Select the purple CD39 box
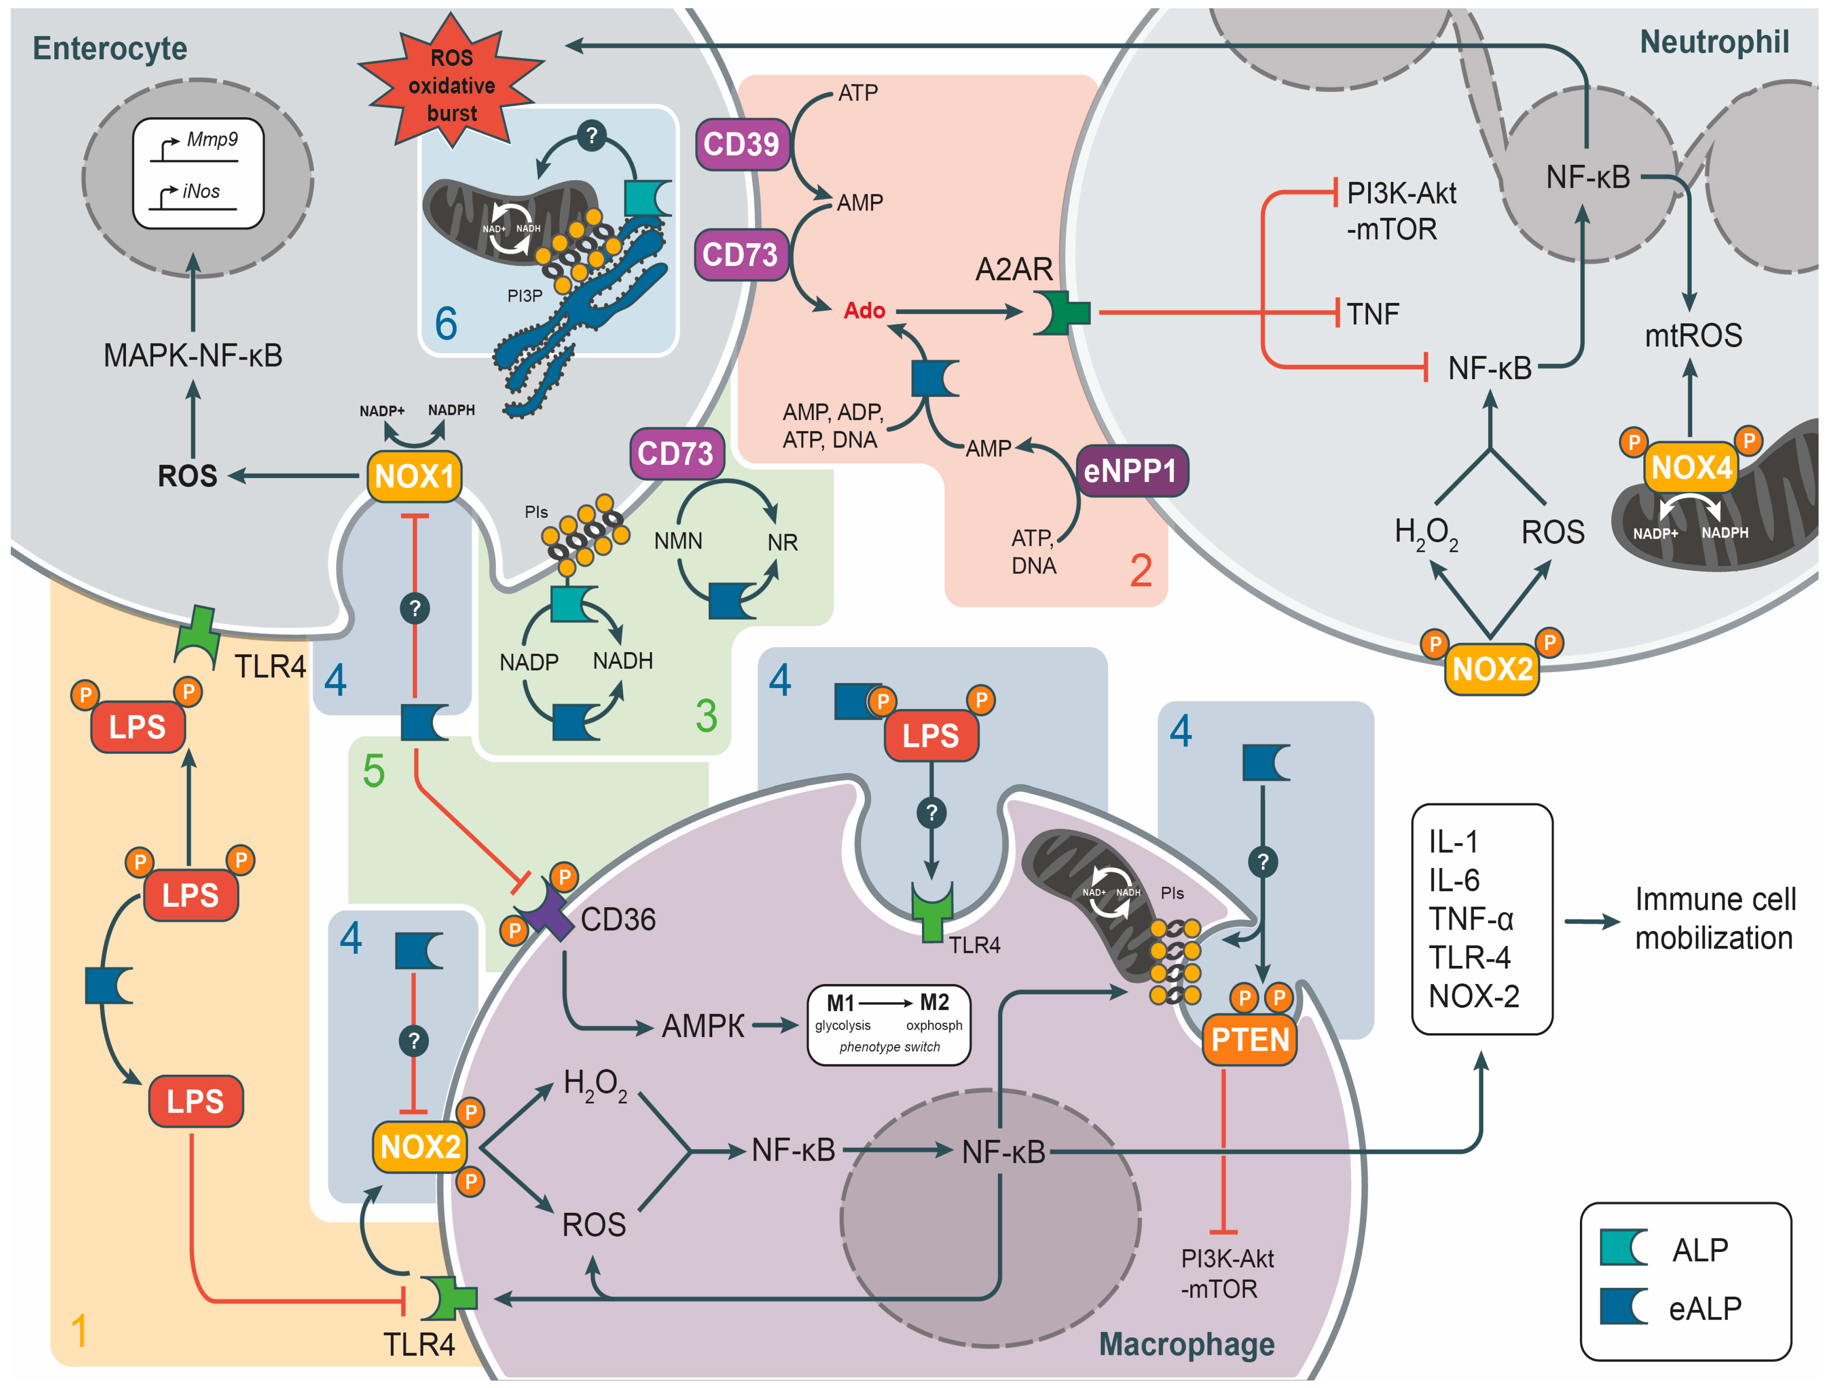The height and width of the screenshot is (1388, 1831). pyautogui.click(x=742, y=144)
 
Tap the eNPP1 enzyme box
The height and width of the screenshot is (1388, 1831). pyautogui.click(x=1131, y=471)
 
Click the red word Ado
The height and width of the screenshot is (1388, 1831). pyautogui.click(x=864, y=310)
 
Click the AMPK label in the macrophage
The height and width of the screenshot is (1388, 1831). pyautogui.click(x=703, y=1026)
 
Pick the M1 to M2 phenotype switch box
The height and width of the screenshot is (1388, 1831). pyautogui.click(x=888, y=1025)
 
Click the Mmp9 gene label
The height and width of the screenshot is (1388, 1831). pyautogui.click(x=212, y=139)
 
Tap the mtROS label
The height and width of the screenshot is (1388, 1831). pyautogui.click(x=1693, y=335)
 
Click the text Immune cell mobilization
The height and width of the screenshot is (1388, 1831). pyautogui.click(x=1714, y=919)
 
